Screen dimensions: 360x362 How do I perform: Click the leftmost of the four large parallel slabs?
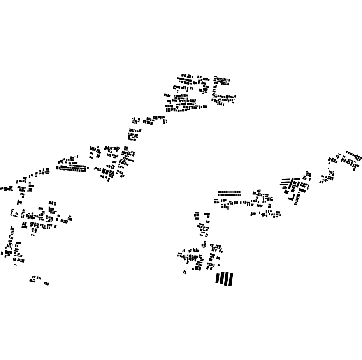[218, 278]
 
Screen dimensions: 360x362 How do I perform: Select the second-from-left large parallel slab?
[222, 278]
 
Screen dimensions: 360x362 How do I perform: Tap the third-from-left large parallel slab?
[226, 279]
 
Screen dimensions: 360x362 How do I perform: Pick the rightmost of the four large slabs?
[230, 279]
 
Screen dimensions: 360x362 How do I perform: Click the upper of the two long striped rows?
[229, 192]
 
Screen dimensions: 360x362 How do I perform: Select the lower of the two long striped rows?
[229, 195]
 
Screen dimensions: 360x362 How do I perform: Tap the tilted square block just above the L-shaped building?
[286, 192]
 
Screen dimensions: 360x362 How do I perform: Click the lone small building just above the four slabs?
[219, 265]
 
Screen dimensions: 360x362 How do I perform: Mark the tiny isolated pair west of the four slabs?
[185, 272]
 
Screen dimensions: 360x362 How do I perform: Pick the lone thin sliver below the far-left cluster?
[15, 265]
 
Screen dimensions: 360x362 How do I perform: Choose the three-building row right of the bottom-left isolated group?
[46, 284]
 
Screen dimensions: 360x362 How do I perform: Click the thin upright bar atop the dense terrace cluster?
[77, 156]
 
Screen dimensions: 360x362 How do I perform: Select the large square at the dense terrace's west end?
[58, 168]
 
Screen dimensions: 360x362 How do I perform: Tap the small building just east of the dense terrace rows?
[88, 168]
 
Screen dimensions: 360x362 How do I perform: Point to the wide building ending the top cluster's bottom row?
[205, 106]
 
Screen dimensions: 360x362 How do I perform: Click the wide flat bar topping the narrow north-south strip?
[207, 214]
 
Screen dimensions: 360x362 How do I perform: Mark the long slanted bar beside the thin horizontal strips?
[291, 183]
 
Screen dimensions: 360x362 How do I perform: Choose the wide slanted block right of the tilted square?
[302, 191]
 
